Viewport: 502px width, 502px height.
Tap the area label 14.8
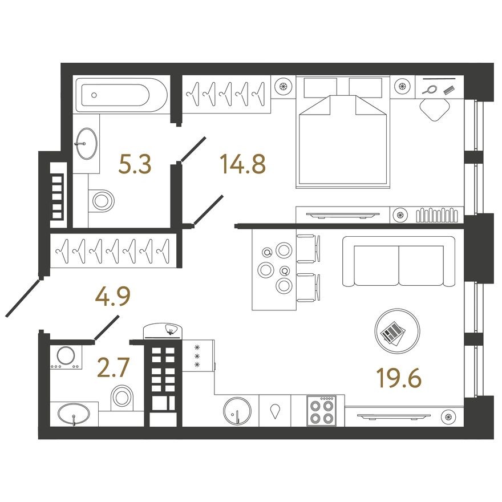point(242,164)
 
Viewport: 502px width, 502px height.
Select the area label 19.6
point(399,376)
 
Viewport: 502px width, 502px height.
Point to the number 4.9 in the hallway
point(114,297)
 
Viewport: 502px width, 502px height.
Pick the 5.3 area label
point(135,164)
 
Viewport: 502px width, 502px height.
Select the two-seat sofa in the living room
point(399,262)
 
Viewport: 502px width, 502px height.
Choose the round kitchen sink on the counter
point(237,411)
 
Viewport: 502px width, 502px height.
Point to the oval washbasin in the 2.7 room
point(73,413)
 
